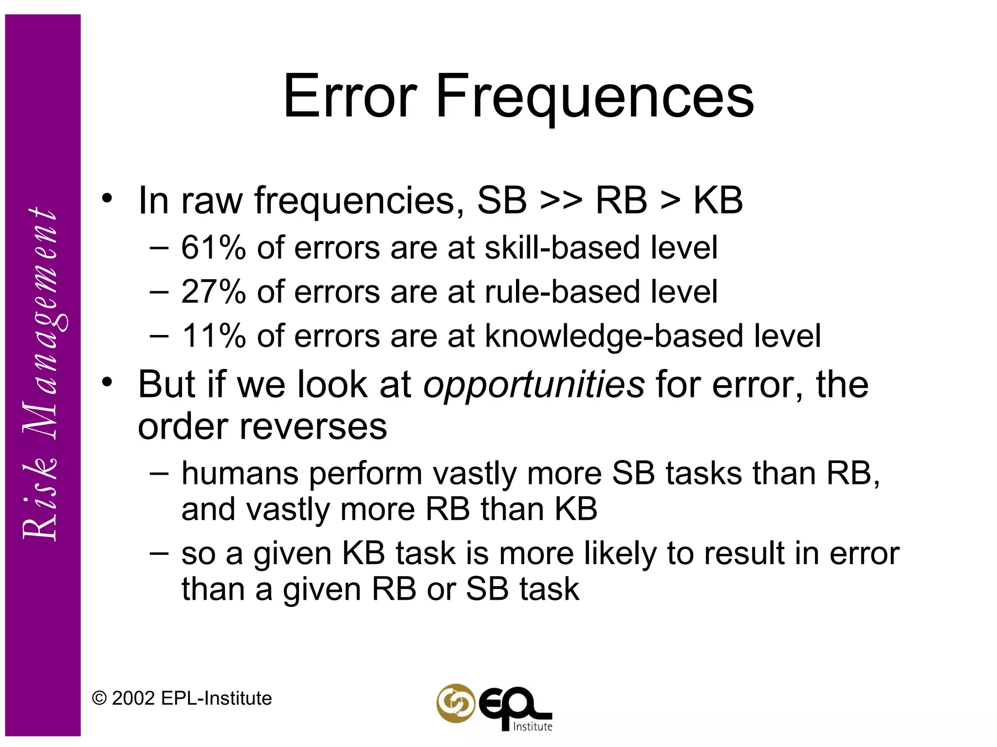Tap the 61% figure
coord(213,248)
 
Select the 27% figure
coord(213,292)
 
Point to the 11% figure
coord(213,336)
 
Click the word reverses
coord(314,427)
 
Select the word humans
coord(240,473)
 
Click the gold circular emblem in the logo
coord(456,703)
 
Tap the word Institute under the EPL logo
coord(533,727)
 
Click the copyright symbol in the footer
coord(99,698)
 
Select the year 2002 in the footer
coord(133,698)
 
